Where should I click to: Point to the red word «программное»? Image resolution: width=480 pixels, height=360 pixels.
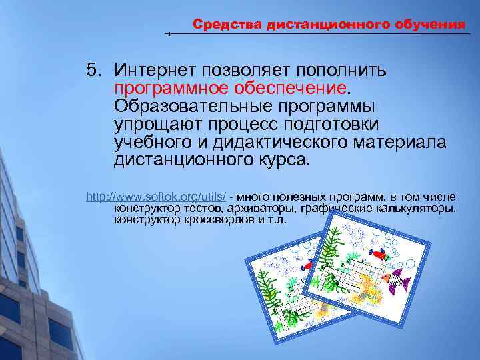167,88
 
